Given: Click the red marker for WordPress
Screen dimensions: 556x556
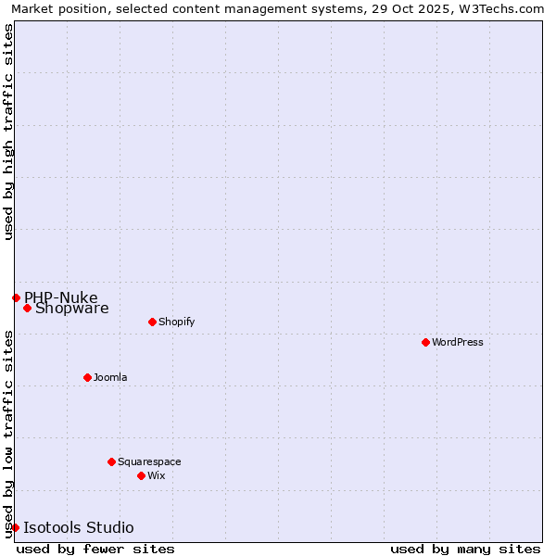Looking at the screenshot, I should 425,342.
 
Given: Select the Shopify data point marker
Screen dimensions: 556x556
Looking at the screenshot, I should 152,322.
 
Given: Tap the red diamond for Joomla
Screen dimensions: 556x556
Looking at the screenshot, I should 87,377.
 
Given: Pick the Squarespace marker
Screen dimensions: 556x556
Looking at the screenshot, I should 111,461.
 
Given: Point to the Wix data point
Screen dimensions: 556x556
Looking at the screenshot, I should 141,475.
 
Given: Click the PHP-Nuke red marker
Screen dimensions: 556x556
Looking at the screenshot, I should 16,297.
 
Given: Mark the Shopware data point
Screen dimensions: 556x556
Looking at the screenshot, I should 27,308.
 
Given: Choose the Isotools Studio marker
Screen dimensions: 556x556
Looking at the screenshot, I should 15,527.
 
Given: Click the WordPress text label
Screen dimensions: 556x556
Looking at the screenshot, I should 458,342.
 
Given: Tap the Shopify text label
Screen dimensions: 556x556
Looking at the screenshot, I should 177,322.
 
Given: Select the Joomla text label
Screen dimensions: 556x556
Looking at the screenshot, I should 110,377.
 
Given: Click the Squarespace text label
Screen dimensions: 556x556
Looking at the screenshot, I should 149,461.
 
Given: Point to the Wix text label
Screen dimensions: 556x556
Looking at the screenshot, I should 157,475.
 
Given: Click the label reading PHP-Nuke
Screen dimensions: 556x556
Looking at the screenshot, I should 61,297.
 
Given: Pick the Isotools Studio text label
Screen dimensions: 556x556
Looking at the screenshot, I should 78,527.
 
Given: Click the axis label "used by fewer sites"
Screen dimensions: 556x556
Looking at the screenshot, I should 95,549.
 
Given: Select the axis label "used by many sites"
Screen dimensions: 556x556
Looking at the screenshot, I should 465,549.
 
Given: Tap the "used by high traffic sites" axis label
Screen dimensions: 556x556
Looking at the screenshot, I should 8,132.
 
